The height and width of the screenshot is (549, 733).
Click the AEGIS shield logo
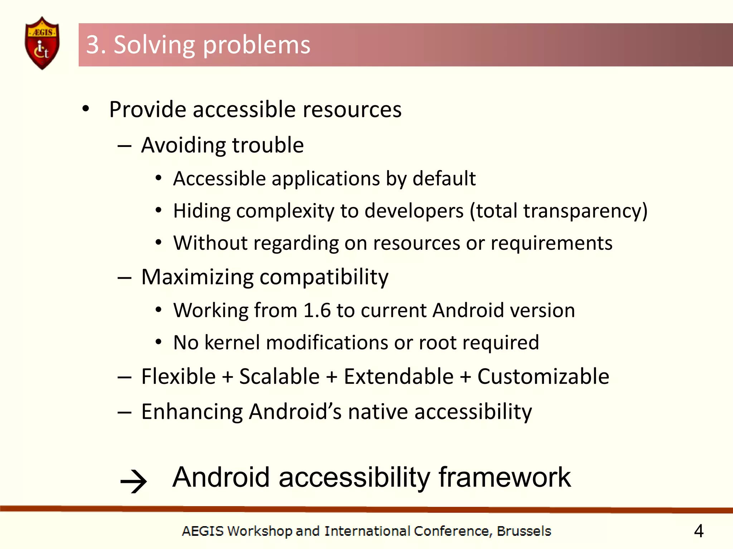tap(42, 43)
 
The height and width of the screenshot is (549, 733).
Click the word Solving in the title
tap(154, 45)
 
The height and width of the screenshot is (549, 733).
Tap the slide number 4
tap(699, 531)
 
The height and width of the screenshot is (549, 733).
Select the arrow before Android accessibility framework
tap(134, 481)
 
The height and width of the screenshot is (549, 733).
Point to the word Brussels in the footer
tap(524, 531)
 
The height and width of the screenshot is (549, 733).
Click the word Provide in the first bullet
tap(147, 109)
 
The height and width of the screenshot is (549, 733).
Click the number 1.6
tap(317, 310)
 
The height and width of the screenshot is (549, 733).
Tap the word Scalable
tap(279, 376)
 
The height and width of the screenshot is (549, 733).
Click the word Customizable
tap(543, 376)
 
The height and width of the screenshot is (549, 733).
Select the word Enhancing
tap(192, 412)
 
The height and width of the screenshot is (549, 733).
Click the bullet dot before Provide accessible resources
tap(86, 109)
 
